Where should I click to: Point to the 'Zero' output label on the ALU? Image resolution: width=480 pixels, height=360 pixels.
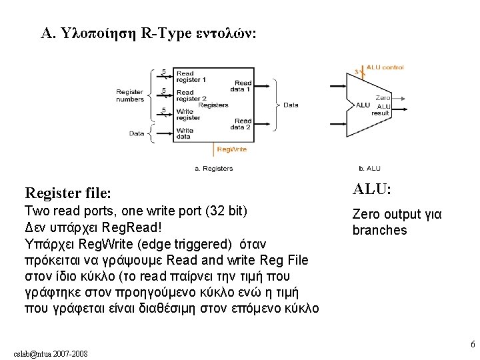tap(382, 98)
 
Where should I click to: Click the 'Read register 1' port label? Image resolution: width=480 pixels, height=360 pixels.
tap(191, 77)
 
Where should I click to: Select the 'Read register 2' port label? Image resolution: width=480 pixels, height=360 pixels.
tap(191, 95)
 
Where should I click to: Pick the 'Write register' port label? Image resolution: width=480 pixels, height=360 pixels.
tap(188, 114)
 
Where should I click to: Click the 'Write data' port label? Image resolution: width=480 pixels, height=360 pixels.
tap(185, 133)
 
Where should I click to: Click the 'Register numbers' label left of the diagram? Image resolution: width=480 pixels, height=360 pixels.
tap(129, 95)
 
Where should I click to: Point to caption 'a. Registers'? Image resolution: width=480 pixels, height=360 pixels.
tap(214, 169)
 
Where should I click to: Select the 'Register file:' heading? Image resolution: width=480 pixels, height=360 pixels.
tap(67, 194)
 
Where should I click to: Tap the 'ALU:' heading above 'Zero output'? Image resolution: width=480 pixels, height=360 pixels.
tap(372, 189)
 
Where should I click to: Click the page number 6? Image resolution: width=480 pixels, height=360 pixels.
tap(472, 345)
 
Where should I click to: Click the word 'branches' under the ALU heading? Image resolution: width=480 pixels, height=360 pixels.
tap(379, 230)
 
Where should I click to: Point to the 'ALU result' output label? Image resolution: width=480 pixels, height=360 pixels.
tap(381, 110)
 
